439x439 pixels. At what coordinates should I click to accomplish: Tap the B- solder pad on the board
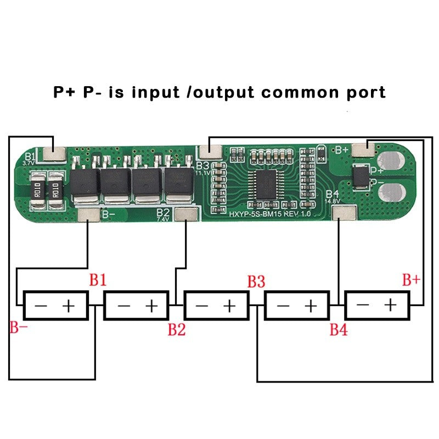[88, 215]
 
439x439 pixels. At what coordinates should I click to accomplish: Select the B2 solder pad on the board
[185, 214]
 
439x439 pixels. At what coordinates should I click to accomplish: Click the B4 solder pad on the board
[341, 212]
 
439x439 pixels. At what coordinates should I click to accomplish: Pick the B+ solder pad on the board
[364, 148]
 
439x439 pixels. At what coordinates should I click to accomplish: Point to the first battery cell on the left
[55, 305]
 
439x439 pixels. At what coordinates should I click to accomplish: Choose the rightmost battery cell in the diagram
[377, 305]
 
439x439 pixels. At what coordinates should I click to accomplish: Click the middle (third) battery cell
[216, 305]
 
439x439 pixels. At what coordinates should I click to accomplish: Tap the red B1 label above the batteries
[98, 280]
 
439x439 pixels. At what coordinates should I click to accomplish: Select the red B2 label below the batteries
[176, 329]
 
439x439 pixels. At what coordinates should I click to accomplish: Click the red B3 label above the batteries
[256, 282]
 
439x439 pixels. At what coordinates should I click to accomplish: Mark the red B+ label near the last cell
[411, 280]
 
